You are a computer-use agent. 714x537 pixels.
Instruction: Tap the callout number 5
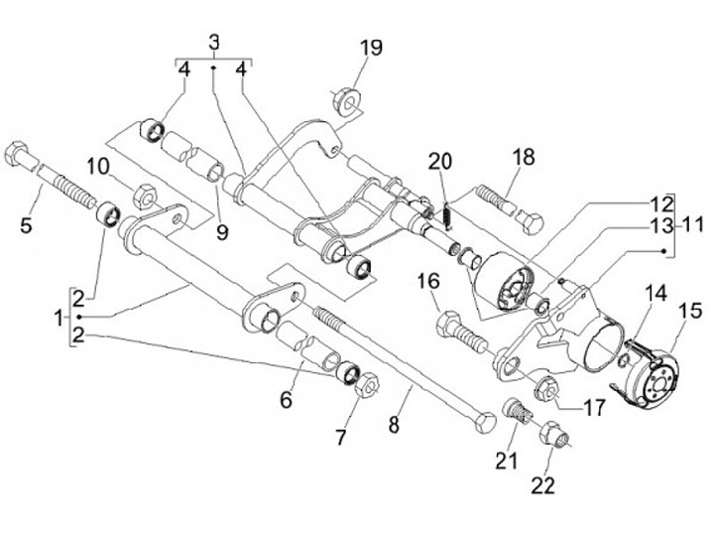pyautogui.click(x=26, y=224)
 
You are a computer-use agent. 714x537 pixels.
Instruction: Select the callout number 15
pyautogui.click(x=689, y=312)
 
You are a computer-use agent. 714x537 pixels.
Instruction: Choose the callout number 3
pyautogui.click(x=214, y=43)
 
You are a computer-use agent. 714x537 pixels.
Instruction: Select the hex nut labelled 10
pyautogui.click(x=142, y=195)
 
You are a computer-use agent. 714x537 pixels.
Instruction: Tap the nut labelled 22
pyautogui.click(x=551, y=433)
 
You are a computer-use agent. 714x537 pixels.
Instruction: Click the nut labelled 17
pyautogui.click(x=545, y=388)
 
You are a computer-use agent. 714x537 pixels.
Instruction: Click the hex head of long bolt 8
pyautogui.click(x=482, y=422)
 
